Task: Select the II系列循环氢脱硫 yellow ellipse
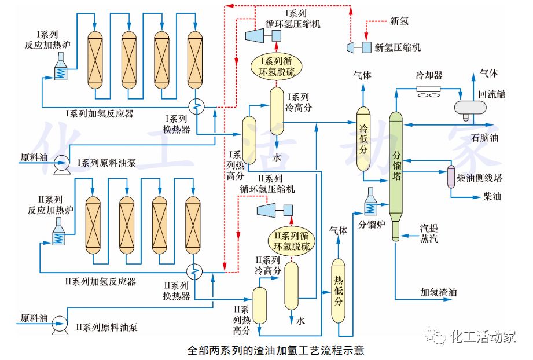292,240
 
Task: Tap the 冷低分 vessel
363,139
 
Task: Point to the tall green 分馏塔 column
396,168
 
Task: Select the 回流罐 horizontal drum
472,107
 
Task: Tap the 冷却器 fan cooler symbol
429,92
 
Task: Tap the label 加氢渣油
438,293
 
